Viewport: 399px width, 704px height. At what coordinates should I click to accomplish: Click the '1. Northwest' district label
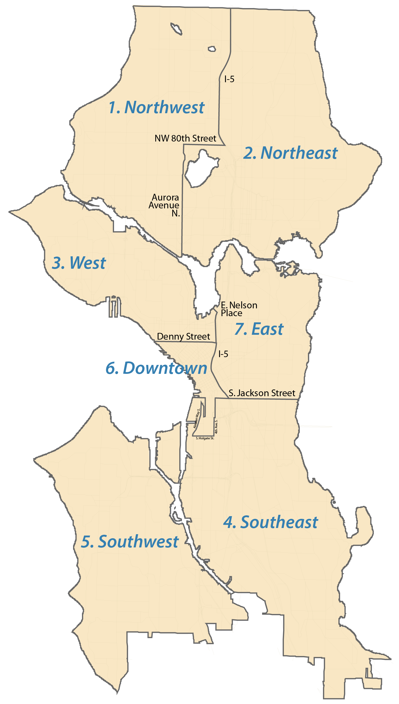[x=156, y=107]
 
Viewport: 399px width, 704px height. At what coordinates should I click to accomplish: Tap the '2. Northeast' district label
[x=290, y=153]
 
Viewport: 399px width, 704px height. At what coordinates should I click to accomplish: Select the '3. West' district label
[x=79, y=263]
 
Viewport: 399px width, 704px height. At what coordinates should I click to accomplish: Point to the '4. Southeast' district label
[x=270, y=522]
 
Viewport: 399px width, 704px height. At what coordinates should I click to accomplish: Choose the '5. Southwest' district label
[x=130, y=541]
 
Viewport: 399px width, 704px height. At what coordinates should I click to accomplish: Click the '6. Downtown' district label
[x=156, y=368]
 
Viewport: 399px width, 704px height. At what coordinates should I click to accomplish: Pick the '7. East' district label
[x=259, y=329]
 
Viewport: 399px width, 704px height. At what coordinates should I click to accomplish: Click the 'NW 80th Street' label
[x=185, y=138]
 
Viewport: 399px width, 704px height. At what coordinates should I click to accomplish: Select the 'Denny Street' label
[x=183, y=336]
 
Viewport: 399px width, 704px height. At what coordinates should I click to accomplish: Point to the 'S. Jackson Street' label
[x=262, y=393]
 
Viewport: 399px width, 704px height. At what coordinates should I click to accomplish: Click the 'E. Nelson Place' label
[x=239, y=309]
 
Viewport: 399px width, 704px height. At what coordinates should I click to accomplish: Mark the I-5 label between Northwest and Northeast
[x=229, y=79]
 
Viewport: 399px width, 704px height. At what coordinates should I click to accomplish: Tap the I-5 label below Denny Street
[x=223, y=354]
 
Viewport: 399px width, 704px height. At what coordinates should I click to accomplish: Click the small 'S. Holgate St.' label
[x=205, y=438]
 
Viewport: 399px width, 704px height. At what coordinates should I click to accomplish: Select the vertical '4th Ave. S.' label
[x=216, y=426]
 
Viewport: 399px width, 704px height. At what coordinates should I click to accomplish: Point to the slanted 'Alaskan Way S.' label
[x=197, y=419]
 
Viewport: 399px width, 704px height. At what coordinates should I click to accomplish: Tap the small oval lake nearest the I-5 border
[x=212, y=49]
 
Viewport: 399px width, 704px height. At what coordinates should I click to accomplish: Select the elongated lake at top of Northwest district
[x=176, y=29]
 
